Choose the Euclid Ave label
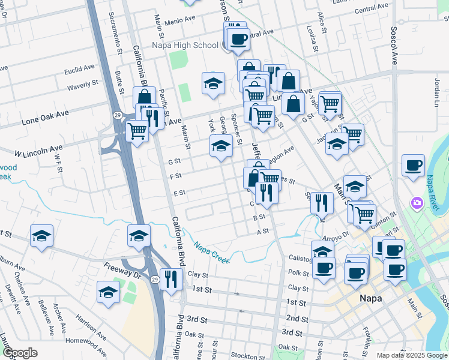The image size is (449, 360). pyautogui.click(x=80, y=69)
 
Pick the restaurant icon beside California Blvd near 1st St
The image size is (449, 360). pyautogui.click(x=171, y=279)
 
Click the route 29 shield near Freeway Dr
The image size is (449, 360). pyautogui.click(x=154, y=280)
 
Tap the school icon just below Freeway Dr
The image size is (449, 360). pyautogui.click(x=108, y=293)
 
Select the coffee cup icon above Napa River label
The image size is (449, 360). pyautogui.click(x=413, y=165)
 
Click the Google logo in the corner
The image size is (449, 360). pyautogui.click(x=20, y=353)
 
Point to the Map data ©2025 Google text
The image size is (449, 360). pyautogui.click(x=412, y=355)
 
